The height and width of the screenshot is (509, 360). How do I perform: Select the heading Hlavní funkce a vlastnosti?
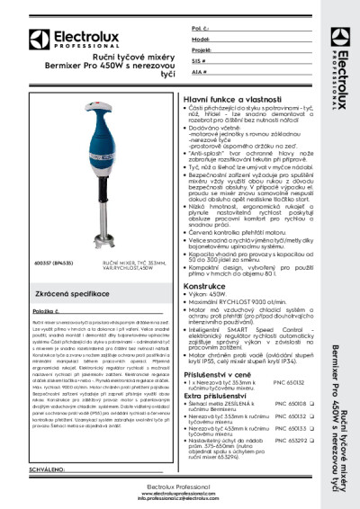click(x=225, y=96)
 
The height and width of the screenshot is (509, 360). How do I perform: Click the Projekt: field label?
click(x=202, y=51)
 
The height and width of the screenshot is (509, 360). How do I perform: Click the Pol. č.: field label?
click(x=201, y=30)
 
